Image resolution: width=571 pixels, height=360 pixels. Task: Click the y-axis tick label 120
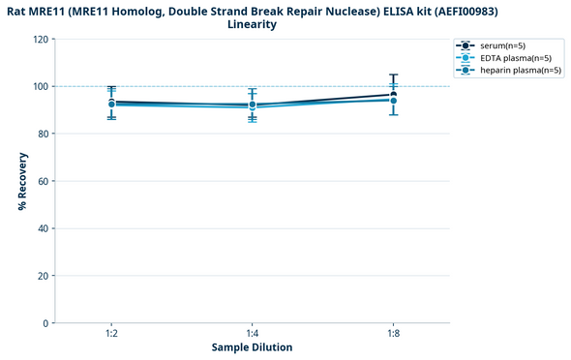[40, 40]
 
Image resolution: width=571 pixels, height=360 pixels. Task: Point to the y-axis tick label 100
[40, 87]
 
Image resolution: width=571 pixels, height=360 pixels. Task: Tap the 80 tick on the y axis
[43, 134]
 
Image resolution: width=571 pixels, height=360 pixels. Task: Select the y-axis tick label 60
[43, 181]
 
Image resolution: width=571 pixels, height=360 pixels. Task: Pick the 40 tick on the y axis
[43, 228]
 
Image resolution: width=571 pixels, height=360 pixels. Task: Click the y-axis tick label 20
[43, 276]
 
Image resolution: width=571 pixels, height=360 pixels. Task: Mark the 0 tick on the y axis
[45, 323]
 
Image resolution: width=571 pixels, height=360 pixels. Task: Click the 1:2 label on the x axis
[112, 334]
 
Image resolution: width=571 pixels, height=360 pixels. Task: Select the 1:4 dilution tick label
[253, 334]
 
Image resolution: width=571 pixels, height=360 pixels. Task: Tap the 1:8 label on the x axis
[393, 334]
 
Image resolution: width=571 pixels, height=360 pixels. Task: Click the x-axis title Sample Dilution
[253, 347]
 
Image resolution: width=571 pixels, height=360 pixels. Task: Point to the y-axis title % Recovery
[21, 181]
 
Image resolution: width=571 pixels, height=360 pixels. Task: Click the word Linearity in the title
[252, 24]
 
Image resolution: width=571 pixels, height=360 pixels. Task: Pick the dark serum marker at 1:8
[393, 95]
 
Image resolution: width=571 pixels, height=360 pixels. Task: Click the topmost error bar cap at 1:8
[393, 75]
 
